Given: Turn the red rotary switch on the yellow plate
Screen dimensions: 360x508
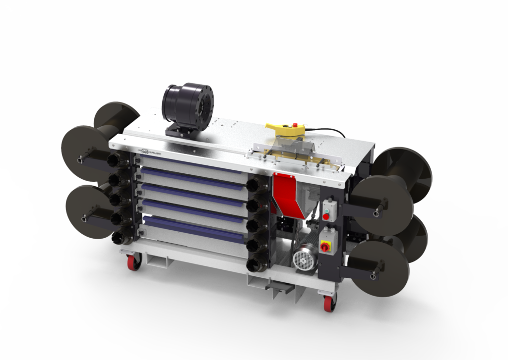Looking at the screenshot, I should (325, 247).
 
